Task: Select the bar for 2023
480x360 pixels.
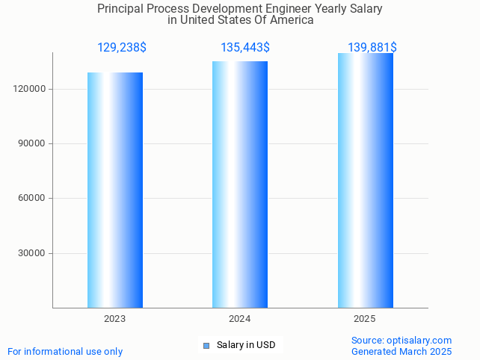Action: [115, 190]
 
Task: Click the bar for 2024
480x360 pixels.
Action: [240, 184]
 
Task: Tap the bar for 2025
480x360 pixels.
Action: [365, 180]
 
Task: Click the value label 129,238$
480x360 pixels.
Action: [122, 48]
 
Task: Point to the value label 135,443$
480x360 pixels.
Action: [245, 48]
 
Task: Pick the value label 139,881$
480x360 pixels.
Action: [372, 48]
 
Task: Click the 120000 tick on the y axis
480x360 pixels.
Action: [31, 89]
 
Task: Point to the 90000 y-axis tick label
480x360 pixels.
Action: [34, 143]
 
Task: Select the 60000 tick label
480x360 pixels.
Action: [34, 198]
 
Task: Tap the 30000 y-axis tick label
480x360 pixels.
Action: [34, 253]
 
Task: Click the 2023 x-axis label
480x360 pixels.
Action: [115, 319]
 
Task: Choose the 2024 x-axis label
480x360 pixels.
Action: [240, 319]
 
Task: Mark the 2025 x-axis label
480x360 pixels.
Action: [365, 319]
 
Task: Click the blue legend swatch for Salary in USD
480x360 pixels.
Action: [206, 345]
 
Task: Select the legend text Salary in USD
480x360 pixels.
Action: [246, 345]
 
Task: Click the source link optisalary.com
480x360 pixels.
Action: [419, 340]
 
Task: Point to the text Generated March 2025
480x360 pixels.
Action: [401, 351]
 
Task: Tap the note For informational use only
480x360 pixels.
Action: [65, 351]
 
